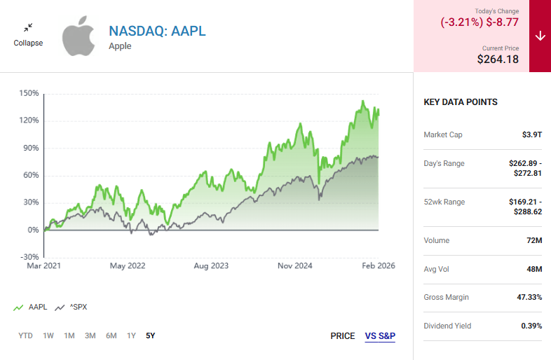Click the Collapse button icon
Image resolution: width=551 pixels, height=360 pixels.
(28, 28)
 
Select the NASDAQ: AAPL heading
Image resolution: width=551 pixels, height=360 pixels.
(157, 32)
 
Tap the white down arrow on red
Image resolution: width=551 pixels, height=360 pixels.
(540, 36)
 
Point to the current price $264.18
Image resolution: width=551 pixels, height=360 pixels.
(498, 60)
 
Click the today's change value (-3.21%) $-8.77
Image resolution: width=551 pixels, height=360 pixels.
(479, 22)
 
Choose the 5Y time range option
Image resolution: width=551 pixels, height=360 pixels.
(151, 335)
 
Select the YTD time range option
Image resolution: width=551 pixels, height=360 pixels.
(26, 335)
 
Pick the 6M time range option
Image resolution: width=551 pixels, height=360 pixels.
(111, 335)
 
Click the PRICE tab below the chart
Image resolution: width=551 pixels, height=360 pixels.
(343, 336)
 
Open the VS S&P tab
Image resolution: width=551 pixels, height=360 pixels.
(380, 336)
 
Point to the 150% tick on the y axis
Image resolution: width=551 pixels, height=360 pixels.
(29, 92)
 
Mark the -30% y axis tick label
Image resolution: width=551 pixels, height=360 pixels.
(29, 257)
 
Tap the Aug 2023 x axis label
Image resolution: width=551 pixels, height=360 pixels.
(212, 266)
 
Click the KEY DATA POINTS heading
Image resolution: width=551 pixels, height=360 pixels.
(461, 102)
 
